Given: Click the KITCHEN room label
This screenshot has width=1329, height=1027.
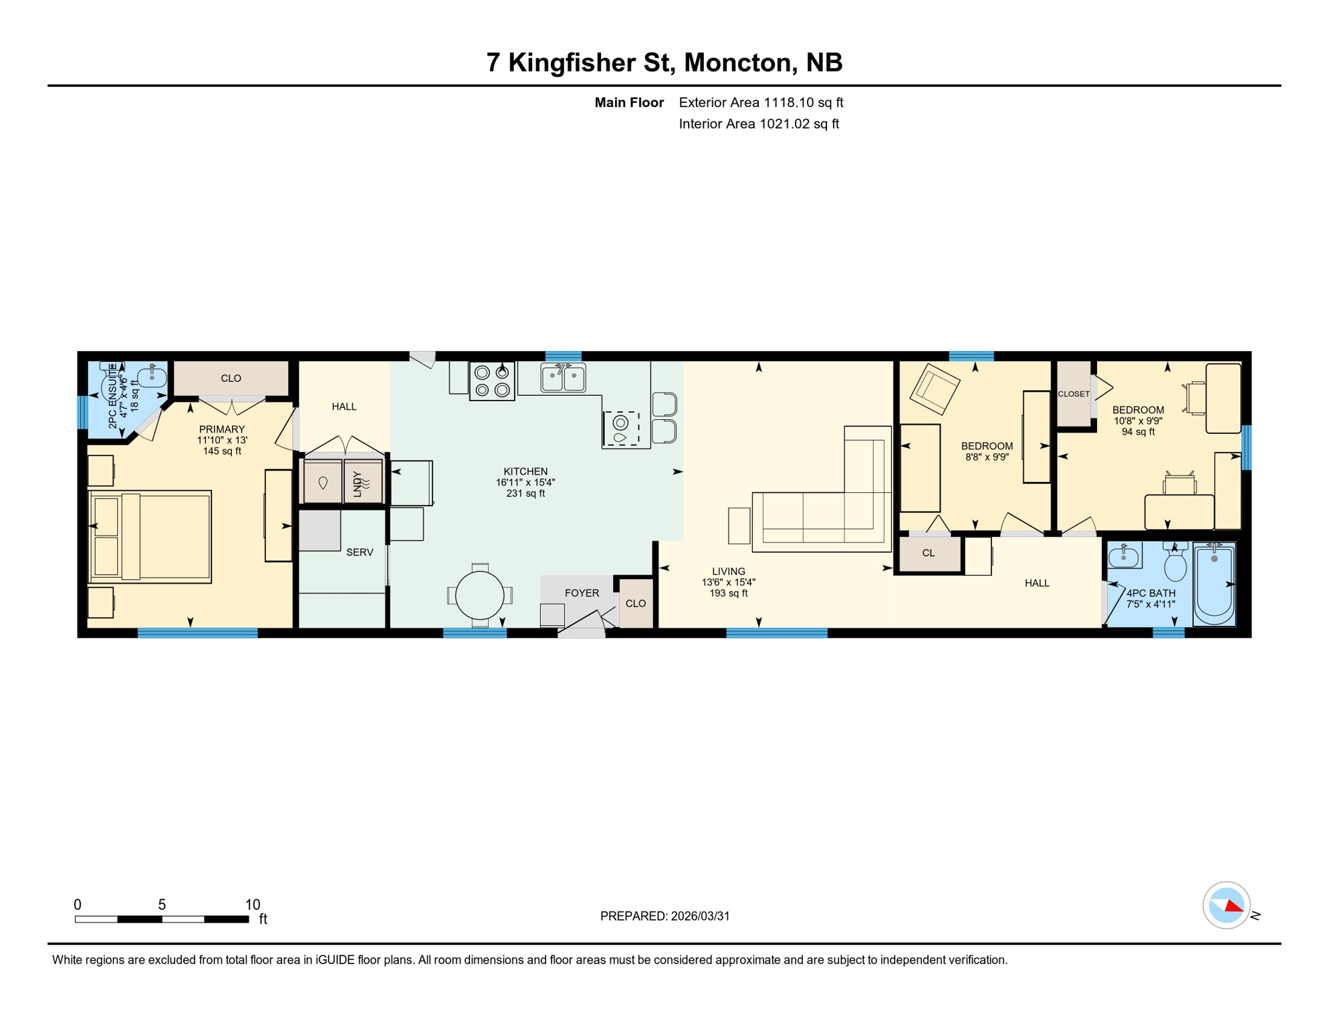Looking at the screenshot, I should [525, 471].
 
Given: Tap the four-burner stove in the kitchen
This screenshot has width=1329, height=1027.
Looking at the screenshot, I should [492, 381].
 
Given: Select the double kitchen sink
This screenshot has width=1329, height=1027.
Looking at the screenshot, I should [563, 378].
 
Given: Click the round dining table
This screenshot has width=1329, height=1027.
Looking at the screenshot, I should [479, 595].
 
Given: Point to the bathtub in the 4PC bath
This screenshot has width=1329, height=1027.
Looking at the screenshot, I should [1214, 583].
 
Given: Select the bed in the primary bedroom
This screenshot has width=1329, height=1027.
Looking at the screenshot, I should [150, 537].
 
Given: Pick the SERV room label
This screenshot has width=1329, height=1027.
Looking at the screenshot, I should [360, 552].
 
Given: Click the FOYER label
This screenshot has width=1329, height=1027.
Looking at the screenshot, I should [582, 593].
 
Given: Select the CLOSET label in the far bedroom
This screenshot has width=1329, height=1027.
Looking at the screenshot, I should [1074, 394].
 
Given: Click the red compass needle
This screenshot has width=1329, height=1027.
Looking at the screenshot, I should [1234, 907].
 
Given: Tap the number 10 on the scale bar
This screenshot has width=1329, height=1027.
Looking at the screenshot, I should [253, 905].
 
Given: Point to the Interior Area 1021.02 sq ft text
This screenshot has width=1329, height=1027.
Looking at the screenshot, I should [759, 124].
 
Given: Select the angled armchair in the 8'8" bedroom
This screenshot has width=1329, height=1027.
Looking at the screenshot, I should [935, 388].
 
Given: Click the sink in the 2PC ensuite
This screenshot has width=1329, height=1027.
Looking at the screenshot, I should [152, 376].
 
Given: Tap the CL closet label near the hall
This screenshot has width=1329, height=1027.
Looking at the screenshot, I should [929, 553].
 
